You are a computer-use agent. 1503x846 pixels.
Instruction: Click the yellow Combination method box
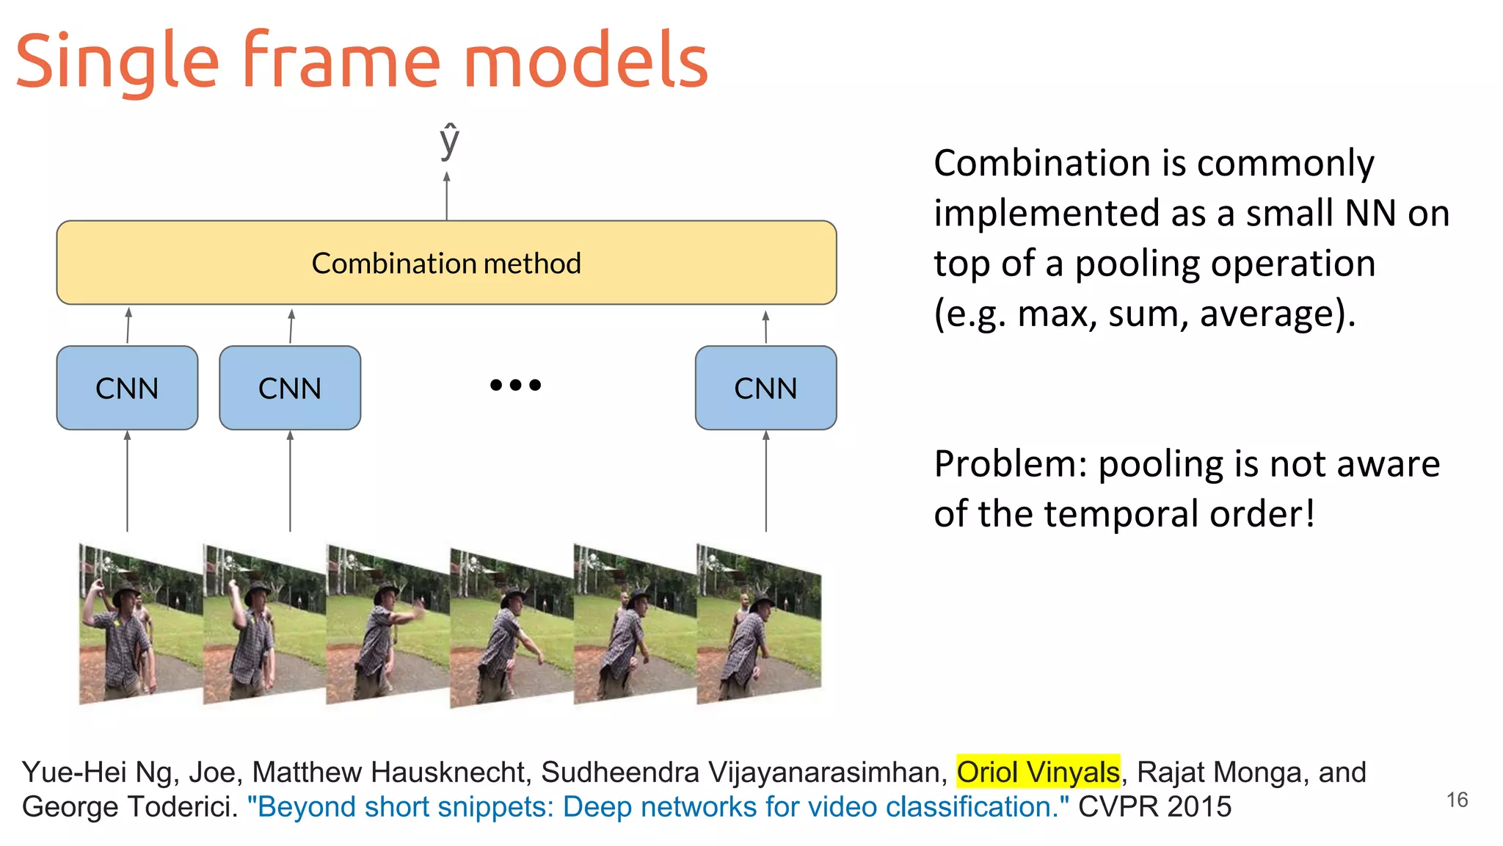point(446,263)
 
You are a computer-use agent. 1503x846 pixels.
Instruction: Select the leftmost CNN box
point(127,388)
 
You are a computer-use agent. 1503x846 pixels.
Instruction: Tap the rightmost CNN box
point(765,388)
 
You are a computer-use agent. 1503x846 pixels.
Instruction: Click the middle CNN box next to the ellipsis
point(290,388)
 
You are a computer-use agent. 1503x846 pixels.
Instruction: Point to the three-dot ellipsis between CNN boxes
point(515,385)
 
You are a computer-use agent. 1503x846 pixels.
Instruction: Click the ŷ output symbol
point(449,141)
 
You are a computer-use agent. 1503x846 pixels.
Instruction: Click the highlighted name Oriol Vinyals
point(1038,772)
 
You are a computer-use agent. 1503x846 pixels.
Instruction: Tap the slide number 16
point(1457,800)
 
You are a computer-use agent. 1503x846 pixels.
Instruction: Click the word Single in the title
point(117,62)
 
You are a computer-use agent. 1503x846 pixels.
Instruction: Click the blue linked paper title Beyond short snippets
point(658,806)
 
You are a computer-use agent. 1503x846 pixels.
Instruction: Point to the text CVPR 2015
point(1154,806)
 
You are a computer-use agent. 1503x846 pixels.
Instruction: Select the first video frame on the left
point(139,624)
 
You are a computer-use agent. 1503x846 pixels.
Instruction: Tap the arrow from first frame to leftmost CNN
point(127,481)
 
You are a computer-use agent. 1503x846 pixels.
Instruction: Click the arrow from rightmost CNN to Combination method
point(765,326)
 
